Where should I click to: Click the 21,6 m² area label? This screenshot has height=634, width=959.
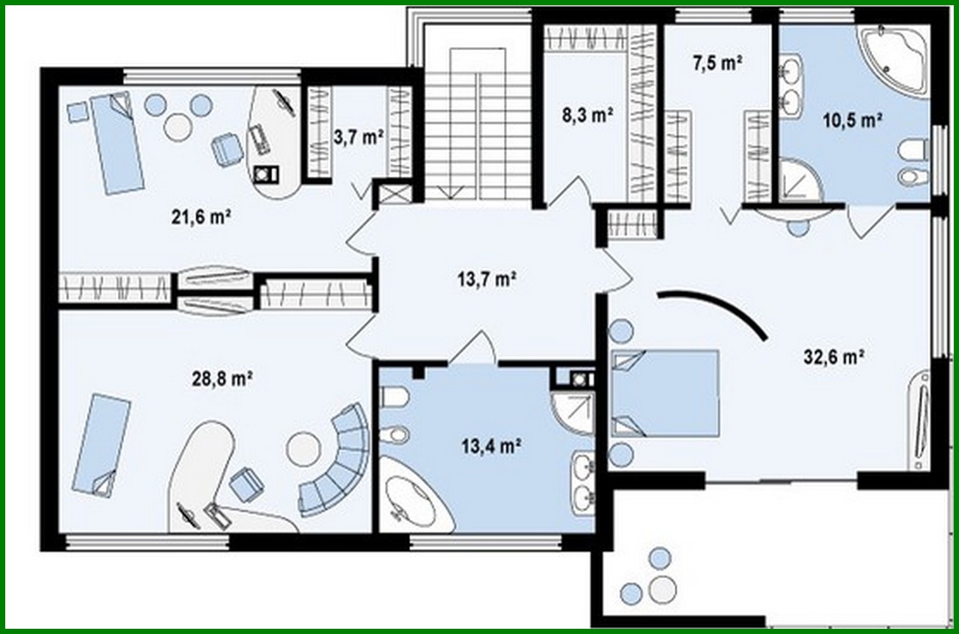click(201, 217)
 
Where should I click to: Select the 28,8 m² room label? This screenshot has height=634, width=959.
click(222, 379)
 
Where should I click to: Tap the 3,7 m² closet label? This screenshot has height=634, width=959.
click(358, 137)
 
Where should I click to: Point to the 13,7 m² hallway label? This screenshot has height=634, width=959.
click(486, 279)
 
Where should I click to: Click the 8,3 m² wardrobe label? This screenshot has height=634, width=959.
click(587, 115)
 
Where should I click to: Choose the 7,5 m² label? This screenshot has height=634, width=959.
click(717, 62)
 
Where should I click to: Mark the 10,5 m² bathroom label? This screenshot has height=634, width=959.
click(852, 121)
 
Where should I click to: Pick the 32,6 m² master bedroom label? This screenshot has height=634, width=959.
click(834, 357)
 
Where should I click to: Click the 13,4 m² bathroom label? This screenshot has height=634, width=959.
click(492, 446)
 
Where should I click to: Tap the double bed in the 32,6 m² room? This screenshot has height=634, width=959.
click(665, 393)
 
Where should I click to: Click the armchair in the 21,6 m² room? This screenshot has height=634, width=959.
click(226, 149)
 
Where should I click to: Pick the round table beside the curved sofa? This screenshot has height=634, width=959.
click(302, 447)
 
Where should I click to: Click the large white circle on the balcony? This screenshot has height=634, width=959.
click(661, 590)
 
